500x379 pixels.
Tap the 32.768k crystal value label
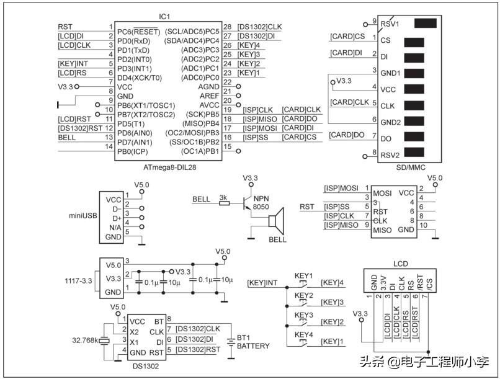[x=86, y=340]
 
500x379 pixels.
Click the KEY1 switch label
[x=304, y=275]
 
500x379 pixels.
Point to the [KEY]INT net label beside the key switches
[x=262, y=283]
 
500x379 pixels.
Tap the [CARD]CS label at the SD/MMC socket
[x=347, y=37]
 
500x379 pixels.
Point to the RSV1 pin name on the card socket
[x=389, y=24]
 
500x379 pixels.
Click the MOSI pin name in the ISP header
[x=382, y=193]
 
